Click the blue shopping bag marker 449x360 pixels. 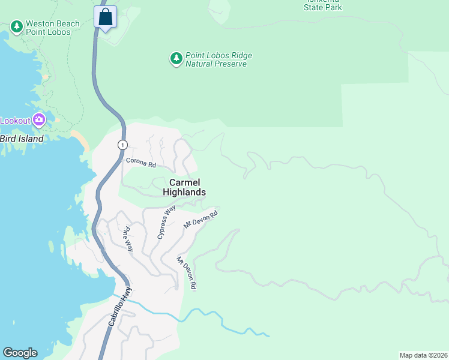(105, 17)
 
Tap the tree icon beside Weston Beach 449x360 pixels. (16, 27)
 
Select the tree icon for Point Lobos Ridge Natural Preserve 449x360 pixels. (176, 59)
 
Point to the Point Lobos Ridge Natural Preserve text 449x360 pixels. (218, 59)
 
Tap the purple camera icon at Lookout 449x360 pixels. (39, 120)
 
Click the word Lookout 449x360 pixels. (14, 121)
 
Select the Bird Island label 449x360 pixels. (22, 139)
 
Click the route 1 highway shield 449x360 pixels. (122, 145)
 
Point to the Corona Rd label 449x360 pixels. (140, 163)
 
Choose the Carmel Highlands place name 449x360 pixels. (184, 187)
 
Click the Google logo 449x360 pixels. (20, 353)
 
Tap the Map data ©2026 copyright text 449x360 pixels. (423, 355)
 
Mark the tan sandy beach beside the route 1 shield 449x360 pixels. (83, 140)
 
